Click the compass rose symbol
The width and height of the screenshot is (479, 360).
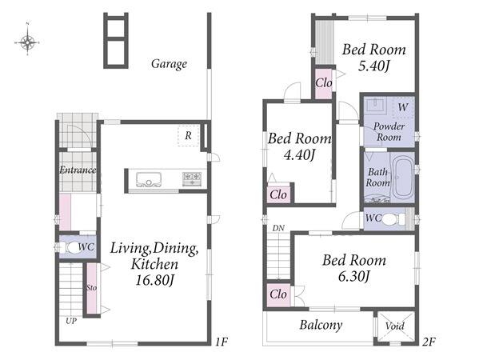pyautogui.click(x=27, y=42)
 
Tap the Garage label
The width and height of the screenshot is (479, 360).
pyautogui.click(x=169, y=64)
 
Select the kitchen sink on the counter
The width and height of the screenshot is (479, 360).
pyautogui.click(x=149, y=179)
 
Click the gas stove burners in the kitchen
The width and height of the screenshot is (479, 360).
pyautogui.click(x=192, y=178)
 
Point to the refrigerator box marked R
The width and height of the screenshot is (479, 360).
pyautogui.click(x=189, y=135)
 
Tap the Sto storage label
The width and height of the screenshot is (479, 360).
pyautogui.click(x=91, y=288)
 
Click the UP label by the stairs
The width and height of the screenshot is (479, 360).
pyautogui.click(x=71, y=321)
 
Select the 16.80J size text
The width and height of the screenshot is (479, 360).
pyautogui.click(x=154, y=280)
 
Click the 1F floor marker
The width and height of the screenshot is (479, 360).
pyautogui.click(x=222, y=342)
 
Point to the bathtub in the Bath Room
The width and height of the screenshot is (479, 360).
pyautogui.click(x=402, y=178)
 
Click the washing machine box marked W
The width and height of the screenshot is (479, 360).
pyautogui.click(x=403, y=107)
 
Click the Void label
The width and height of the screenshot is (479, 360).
pyautogui.click(x=395, y=326)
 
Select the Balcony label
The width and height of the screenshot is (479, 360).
pyautogui.click(x=321, y=325)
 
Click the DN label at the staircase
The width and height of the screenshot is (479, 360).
pyautogui.click(x=278, y=228)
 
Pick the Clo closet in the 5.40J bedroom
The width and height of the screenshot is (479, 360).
pyautogui.click(x=324, y=83)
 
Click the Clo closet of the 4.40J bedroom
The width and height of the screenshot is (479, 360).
pyautogui.click(x=278, y=194)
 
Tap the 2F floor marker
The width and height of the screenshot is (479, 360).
pyautogui.click(x=429, y=342)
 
